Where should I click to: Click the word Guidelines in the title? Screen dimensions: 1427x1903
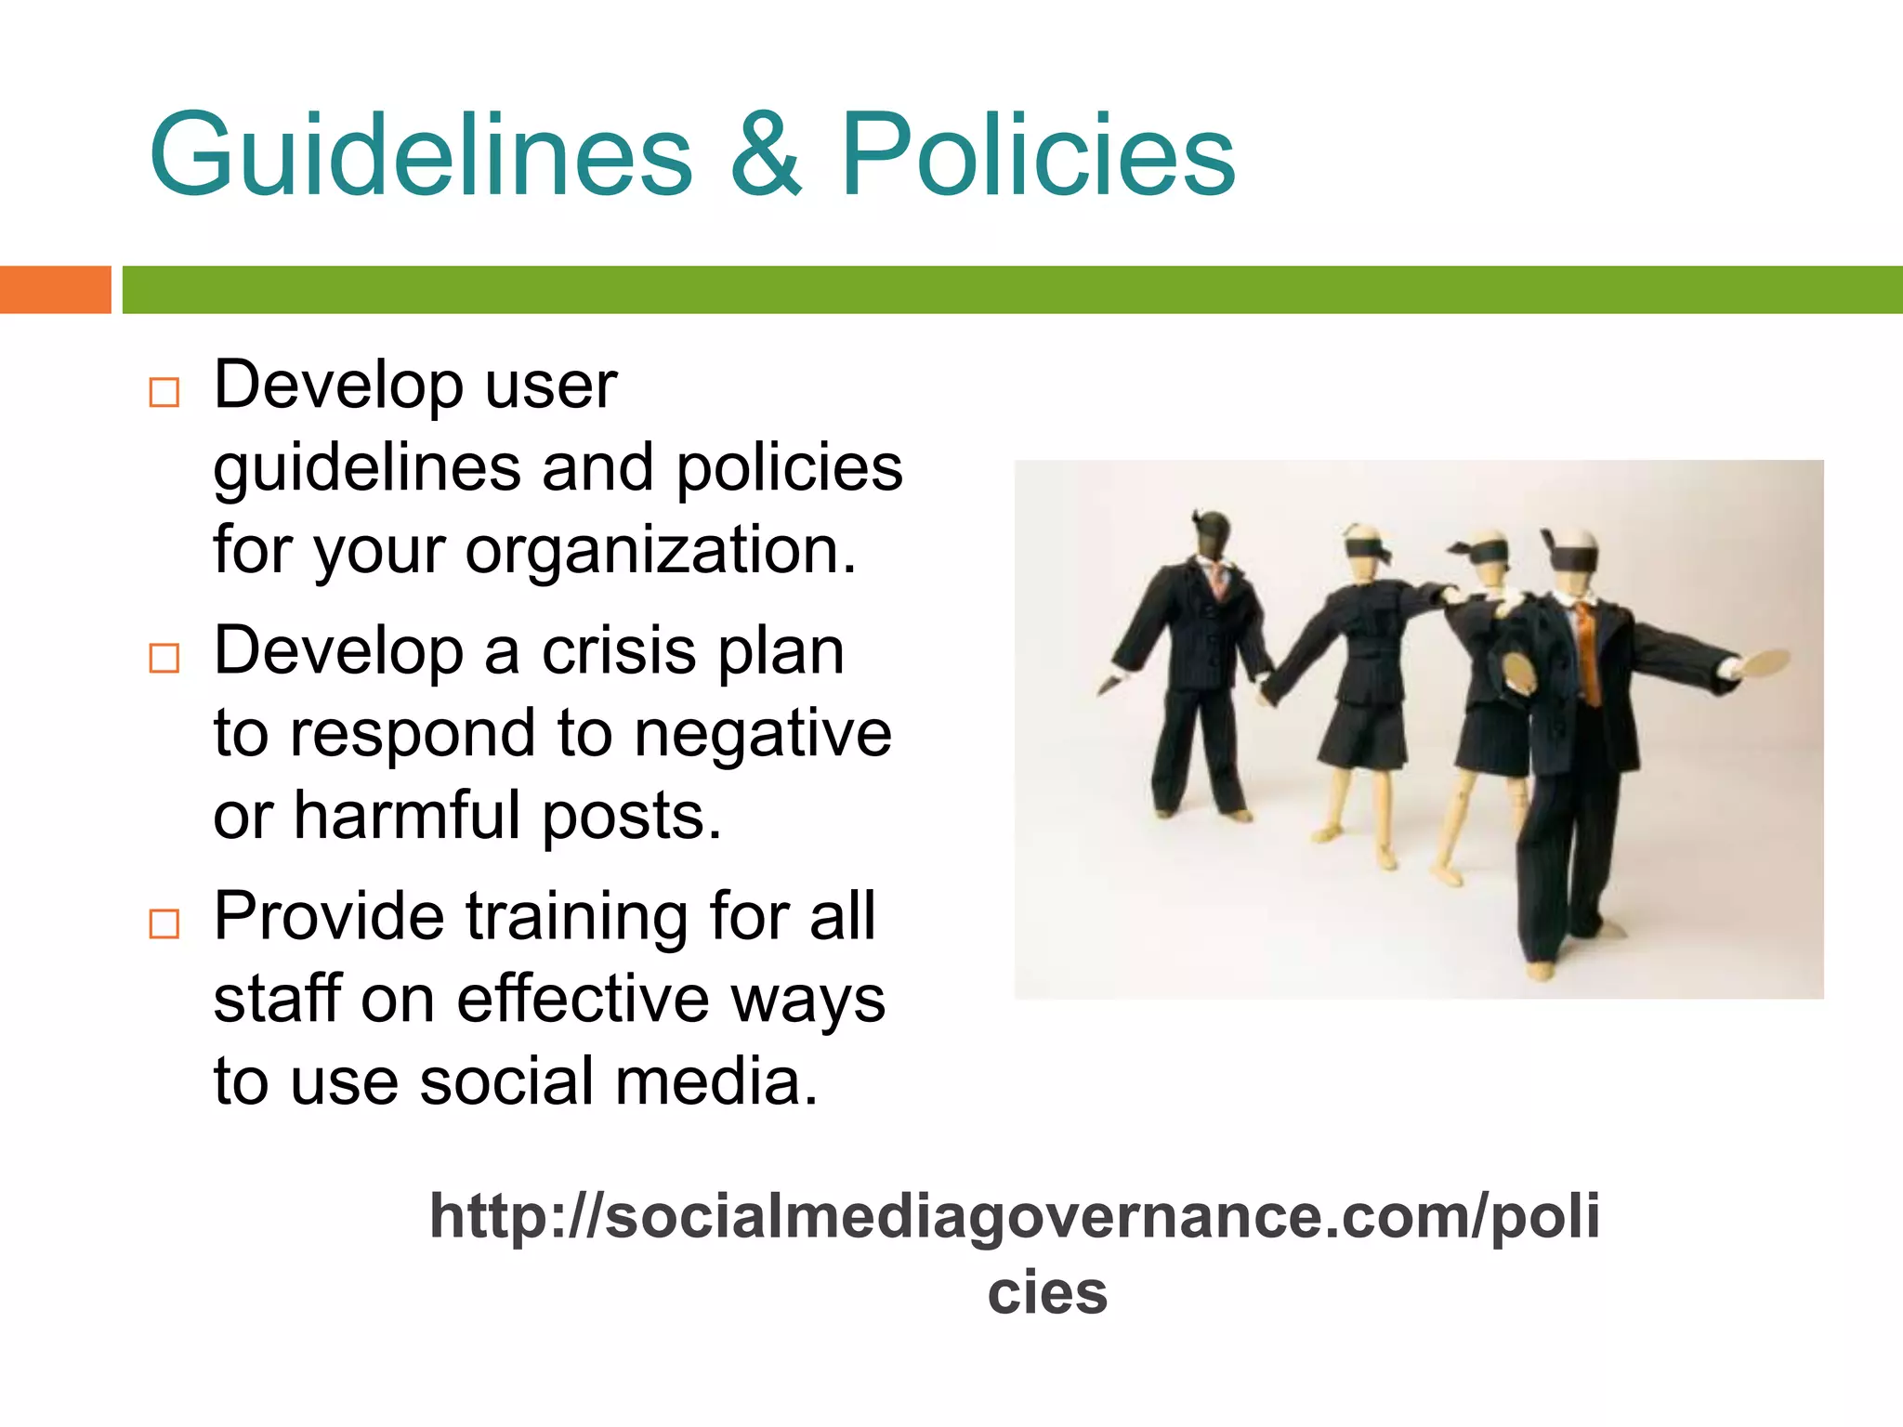[420, 156]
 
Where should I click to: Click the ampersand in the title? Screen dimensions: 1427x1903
[766, 156]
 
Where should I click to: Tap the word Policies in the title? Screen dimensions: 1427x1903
[1037, 156]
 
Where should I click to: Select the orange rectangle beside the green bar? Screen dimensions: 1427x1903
[55, 290]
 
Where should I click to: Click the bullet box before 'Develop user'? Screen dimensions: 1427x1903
[164, 392]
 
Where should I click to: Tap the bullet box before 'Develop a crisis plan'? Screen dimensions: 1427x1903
[164, 658]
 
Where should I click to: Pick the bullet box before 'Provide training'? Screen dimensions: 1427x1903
[164, 923]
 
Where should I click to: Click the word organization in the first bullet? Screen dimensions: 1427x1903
[660, 550]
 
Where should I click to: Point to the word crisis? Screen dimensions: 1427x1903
[620, 650]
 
